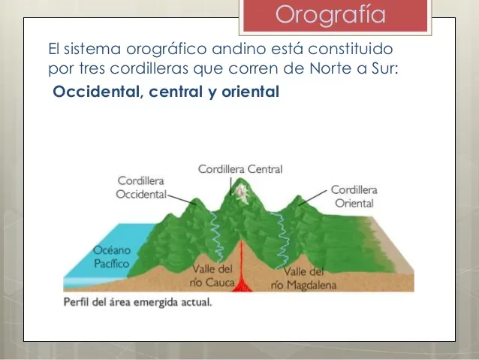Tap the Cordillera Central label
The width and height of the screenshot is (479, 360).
240,169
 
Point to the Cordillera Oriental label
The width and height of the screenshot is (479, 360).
354,196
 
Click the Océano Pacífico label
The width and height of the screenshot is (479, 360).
111,257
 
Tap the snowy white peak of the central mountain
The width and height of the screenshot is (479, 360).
241,192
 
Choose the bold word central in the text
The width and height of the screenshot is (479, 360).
172,93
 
